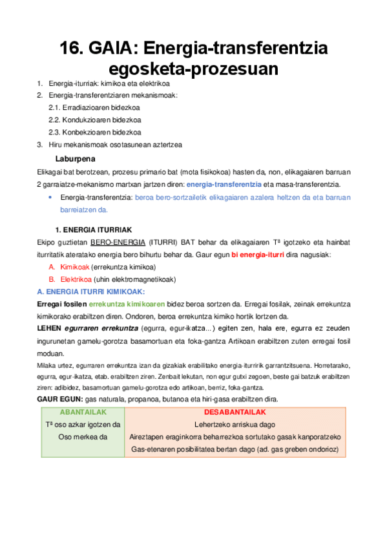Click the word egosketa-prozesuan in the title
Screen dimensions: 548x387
[193, 69]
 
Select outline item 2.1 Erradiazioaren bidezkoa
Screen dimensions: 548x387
[95, 108]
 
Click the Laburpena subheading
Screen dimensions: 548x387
[76, 158]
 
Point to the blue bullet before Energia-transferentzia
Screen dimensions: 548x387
[50, 197]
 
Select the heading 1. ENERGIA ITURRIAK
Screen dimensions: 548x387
[93, 229]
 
